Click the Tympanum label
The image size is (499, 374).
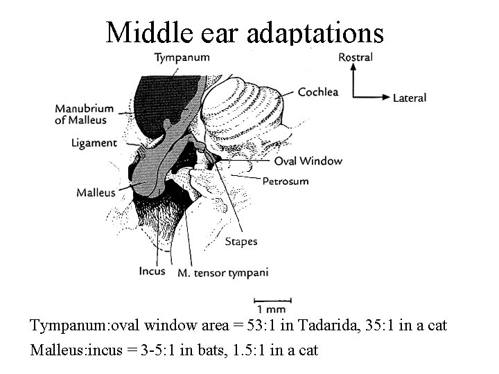(x=182, y=57)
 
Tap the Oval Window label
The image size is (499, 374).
(x=308, y=161)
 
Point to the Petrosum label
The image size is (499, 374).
(x=285, y=181)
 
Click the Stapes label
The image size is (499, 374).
(x=241, y=242)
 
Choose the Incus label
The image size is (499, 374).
(x=152, y=271)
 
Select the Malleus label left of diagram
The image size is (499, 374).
(x=96, y=193)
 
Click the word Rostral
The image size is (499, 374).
(x=355, y=57)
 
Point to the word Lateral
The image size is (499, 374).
(x=410, y=98)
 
